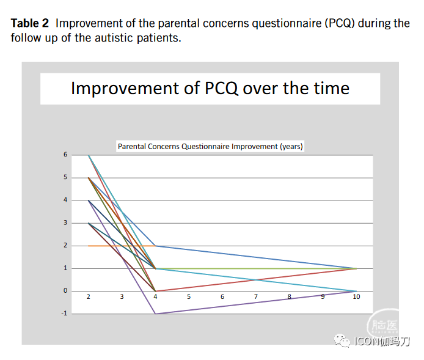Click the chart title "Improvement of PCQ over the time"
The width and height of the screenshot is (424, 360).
[x=210, y=88]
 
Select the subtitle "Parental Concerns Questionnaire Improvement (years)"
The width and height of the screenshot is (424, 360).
[x=210, y=147]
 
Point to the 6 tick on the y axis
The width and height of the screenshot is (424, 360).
[x=65, y=155]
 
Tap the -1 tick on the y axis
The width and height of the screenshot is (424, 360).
[x=64, y=314]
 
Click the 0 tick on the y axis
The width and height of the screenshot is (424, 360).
[x=65, y=291]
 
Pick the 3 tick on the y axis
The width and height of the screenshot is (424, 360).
[x=65, y=223]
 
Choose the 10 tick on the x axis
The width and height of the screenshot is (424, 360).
[x=356, y=296]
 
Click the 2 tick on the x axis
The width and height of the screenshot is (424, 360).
[x=89, y=296]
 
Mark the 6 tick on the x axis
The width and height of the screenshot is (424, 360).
[x=222, y=296]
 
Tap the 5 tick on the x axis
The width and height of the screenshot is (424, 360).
[x=189, y=296]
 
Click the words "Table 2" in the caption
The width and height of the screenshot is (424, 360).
[x=29, y=23]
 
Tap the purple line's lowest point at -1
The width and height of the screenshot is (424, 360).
[x=156, y=314]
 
